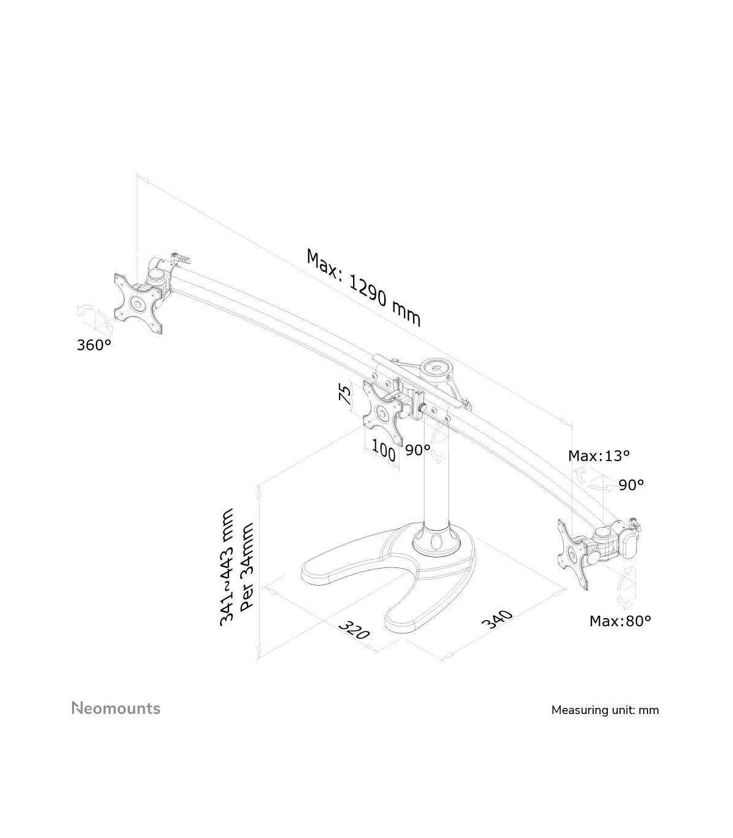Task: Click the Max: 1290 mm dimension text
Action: pyautogui.click(x=364, y=287)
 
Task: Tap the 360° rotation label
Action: pyautogui.click(x=94, y=345)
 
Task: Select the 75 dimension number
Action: pyautogui.click(x=345, y=394)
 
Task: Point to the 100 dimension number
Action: pyautogui.click(x=383, y=453)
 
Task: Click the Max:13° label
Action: pyautogui.click(x=599, y=455)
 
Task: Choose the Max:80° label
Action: pyautogui.click(x=620, y=621)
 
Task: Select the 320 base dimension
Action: pyautogui.click(x=354, y=629)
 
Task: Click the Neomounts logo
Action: pyautogui.click(x=116, y=709)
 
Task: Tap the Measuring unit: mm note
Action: pyautogui.click(x=605, y=710)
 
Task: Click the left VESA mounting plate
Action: pyautogui.click(x=137, y=304)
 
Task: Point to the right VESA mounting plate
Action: pyautogui.click(x=574, y=553)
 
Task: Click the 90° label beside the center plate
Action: pyautogui.click(x=418, y=450)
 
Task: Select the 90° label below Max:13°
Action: pyautogui.click(x=631, y=485)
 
